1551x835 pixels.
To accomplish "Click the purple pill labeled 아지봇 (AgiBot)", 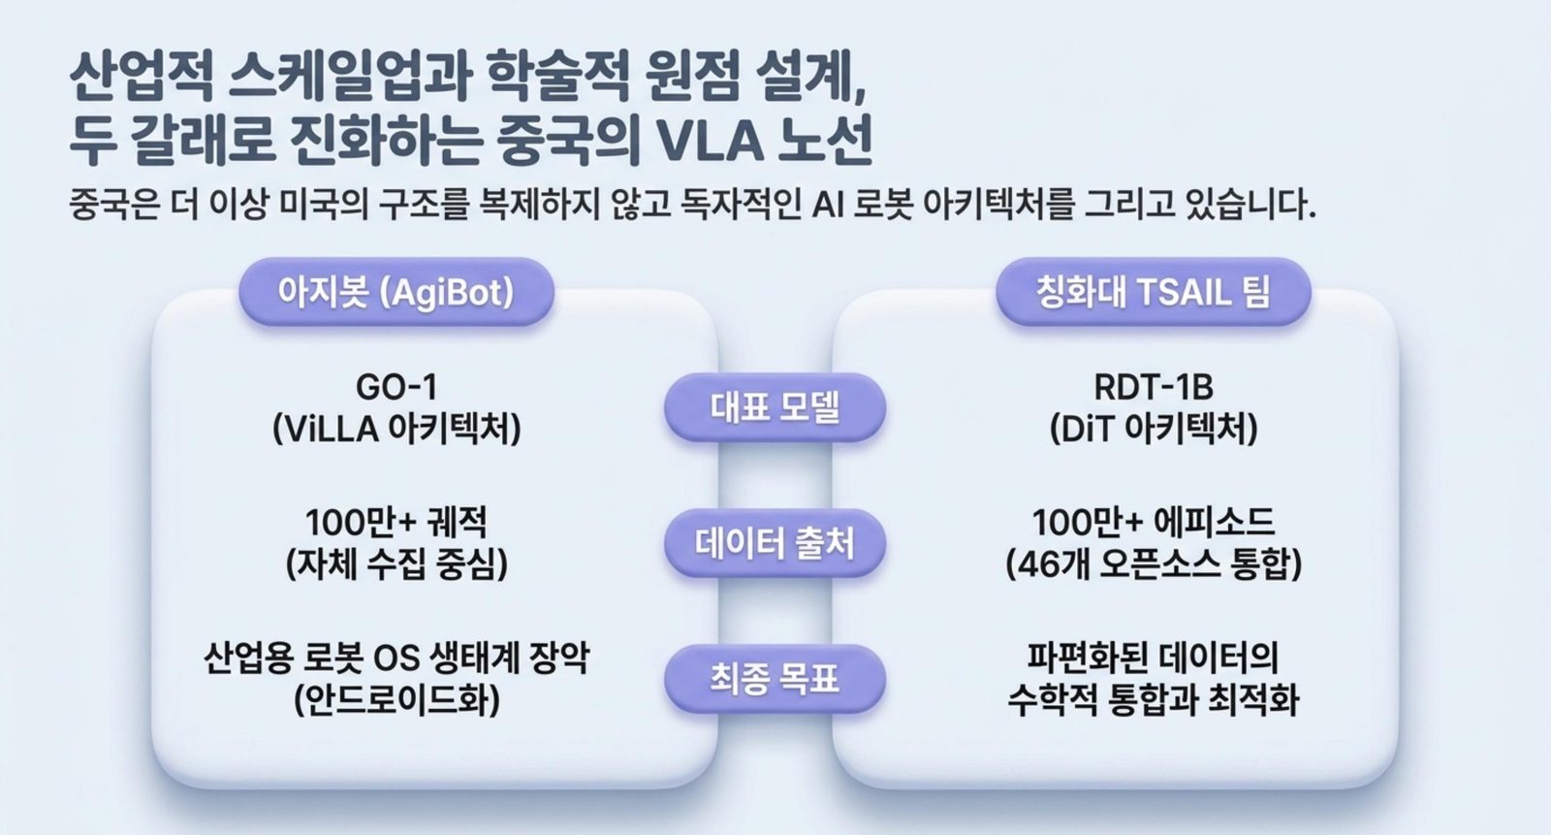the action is [396, 292].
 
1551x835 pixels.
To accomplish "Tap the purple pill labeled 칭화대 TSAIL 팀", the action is [1154, 292].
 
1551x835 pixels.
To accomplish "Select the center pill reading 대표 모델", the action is [775, 407].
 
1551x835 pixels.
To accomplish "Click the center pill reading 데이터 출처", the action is [775, 543].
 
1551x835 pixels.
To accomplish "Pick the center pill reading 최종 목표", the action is [775, 679].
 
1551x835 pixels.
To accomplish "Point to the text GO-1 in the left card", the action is [396, 387].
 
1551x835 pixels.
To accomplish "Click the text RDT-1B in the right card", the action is [1154, 387].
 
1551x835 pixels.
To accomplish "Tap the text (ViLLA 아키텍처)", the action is [396, 429].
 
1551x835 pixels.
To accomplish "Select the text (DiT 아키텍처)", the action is [1154, 429].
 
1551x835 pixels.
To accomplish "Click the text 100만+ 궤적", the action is [396, 523].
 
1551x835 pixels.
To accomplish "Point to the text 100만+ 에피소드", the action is [1154, 523].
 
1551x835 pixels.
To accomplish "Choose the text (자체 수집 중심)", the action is [396, 564].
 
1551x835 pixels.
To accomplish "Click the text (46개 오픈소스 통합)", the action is [1154, 564].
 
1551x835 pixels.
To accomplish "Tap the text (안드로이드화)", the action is [396, 700].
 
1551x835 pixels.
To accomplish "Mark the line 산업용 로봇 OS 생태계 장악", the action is [396, 658].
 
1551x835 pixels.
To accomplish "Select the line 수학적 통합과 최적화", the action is [1154, 700].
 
